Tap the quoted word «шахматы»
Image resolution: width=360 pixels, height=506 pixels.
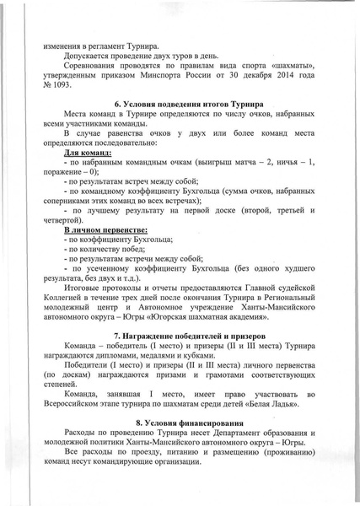pos(293,74)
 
